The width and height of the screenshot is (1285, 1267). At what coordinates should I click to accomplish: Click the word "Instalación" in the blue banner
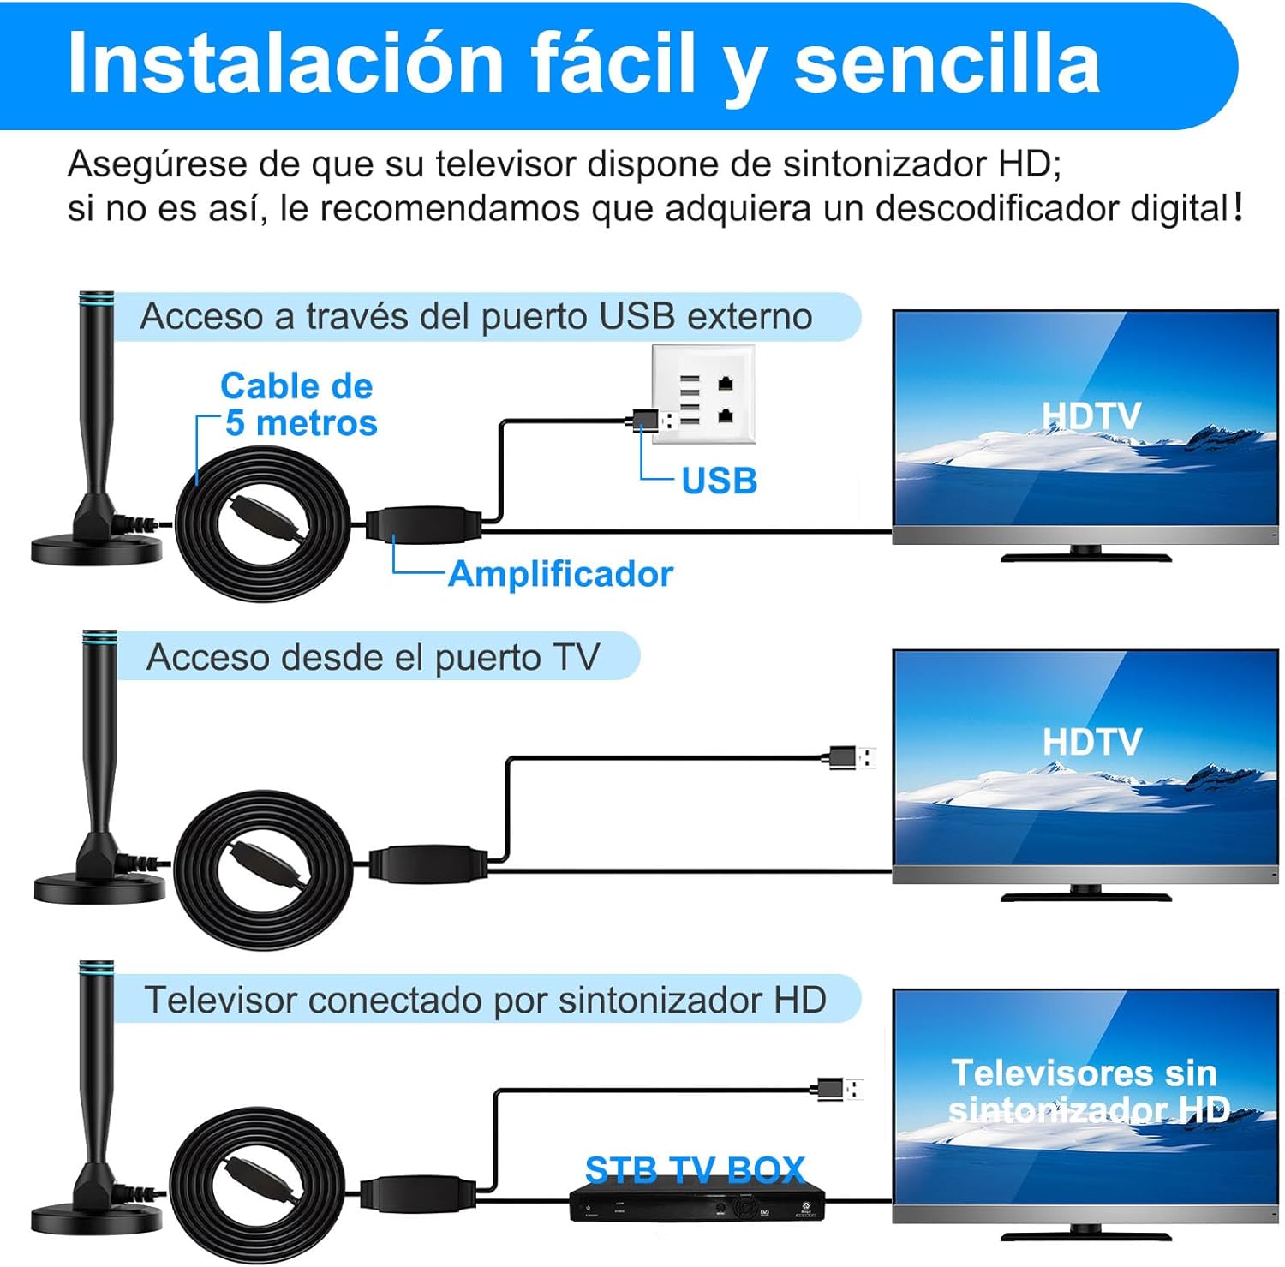point(285,63)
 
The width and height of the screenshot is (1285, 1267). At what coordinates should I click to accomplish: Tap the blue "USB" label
point(719,481)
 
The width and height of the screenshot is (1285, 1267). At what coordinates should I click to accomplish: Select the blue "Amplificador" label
point(560,574)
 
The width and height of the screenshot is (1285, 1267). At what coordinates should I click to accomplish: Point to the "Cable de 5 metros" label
point(298,404)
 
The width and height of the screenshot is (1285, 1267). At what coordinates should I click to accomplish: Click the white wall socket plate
point(703,394)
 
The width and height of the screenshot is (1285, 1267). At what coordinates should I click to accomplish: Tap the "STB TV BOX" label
point(695,1169)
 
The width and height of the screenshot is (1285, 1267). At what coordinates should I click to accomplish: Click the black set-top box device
point(696,1204)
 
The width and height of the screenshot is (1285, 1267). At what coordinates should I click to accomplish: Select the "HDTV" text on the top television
point(1091,416)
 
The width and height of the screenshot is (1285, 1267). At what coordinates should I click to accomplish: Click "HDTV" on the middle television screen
point(1091,742)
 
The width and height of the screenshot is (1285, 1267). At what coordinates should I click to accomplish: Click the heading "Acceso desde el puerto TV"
point(373,657)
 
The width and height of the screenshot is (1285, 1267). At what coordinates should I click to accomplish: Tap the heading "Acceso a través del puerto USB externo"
point(476,316)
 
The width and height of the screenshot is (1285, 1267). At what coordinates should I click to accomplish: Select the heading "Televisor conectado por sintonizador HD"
point(485,1000)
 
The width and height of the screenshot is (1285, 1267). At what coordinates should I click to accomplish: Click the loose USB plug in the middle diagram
point(852,757)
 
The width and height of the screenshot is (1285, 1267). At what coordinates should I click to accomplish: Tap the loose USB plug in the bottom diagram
point(840,1090)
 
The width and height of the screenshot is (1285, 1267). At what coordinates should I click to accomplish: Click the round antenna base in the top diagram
point(96,549)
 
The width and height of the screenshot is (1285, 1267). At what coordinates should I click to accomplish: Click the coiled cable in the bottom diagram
point(257,1185)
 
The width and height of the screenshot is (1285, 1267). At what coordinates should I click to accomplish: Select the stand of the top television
point(1086,554)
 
